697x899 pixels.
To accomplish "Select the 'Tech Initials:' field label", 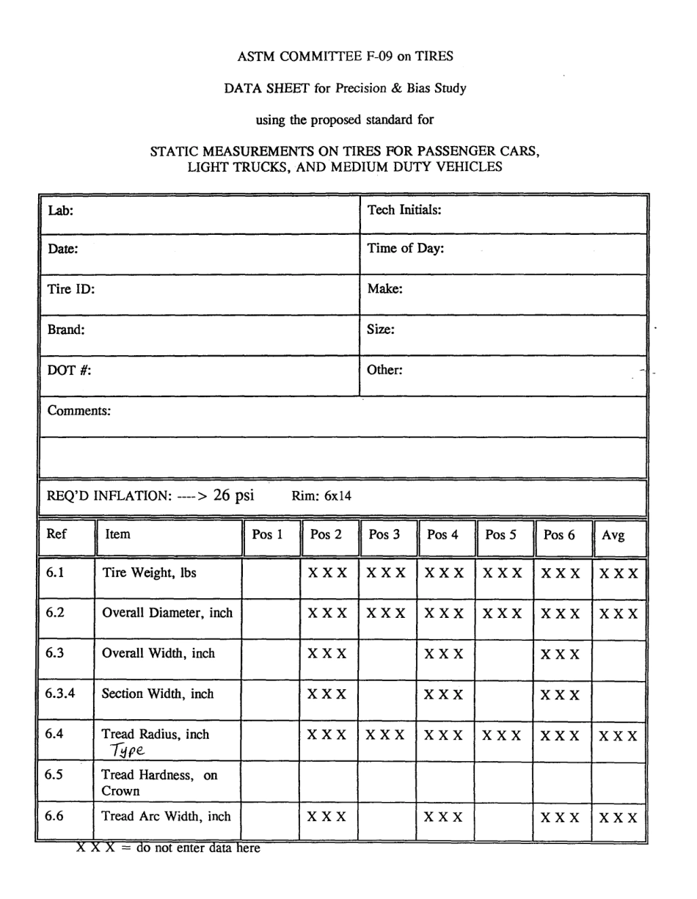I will [x=404, y=211].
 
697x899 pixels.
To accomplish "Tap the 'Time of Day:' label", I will [x=405, y=249].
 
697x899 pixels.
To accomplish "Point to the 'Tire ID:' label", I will [x=71, y=288].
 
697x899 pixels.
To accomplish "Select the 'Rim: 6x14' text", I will [x=321, y=496].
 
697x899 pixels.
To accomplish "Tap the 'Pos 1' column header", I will [x=267, y=535].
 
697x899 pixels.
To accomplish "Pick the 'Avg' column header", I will [x=613, y=536].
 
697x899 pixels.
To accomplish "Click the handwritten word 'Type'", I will [x=126, y=750].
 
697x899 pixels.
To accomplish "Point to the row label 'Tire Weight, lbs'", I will [x=150, y=573].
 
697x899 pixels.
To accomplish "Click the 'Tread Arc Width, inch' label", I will [x=166, y=816].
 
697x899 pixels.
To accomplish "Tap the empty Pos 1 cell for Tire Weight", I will [x=271, y=574].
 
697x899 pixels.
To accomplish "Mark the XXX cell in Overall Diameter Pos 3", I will [x=386, y=614].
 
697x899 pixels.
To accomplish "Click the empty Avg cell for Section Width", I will [x=618, y=694].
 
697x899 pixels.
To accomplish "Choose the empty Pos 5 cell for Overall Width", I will [x=504, y=654].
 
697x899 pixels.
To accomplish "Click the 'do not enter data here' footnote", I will [x=169, y=849].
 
